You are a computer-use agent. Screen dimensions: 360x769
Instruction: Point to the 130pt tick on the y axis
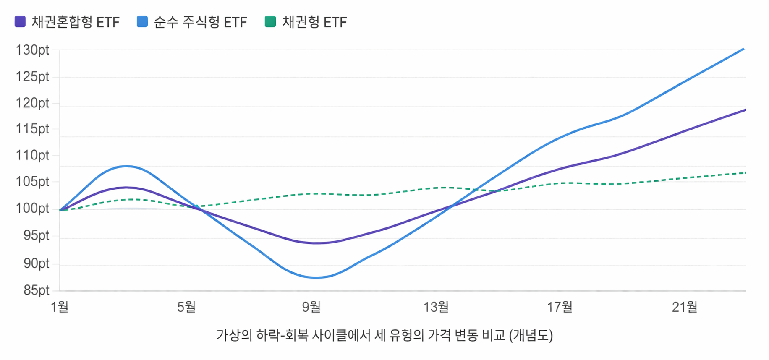tap(32, 50)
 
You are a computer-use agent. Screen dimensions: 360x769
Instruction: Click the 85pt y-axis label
tap(36, 290)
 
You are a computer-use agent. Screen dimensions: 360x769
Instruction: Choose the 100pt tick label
tap(32, 208)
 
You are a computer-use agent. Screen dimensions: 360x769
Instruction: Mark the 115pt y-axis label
tap(32, 129)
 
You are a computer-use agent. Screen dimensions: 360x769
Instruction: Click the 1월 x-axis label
tap(60, 307)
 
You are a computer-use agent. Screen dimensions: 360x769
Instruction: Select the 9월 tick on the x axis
tap(311, 307)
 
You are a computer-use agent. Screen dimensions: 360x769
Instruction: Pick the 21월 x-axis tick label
tap(685, 307)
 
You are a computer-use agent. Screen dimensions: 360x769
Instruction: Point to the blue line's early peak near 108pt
tap(127, 166)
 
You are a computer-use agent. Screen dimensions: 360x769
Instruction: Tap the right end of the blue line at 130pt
tap(743, 49)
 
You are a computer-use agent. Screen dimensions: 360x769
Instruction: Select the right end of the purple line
tap(745, 110)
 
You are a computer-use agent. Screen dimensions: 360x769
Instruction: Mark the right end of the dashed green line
tap(745, 173)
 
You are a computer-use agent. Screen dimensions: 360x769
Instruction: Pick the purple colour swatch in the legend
tap(20, 22)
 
